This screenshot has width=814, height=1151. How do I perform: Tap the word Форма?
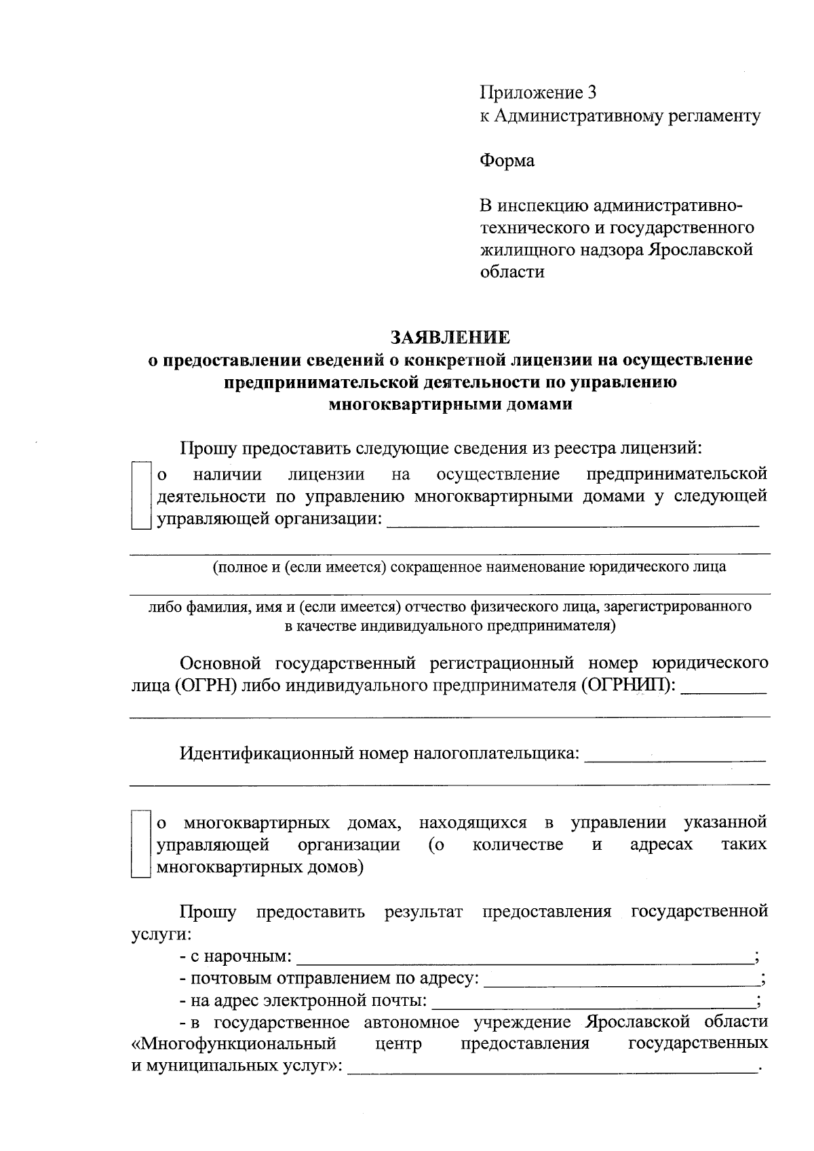(x=507, y=161)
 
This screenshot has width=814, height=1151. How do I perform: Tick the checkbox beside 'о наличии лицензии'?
(x=140, y=496)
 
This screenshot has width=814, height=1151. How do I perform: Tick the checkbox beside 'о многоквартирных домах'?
(x=140, y=844)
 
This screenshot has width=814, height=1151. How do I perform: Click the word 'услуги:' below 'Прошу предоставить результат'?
(x=161, y=934)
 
